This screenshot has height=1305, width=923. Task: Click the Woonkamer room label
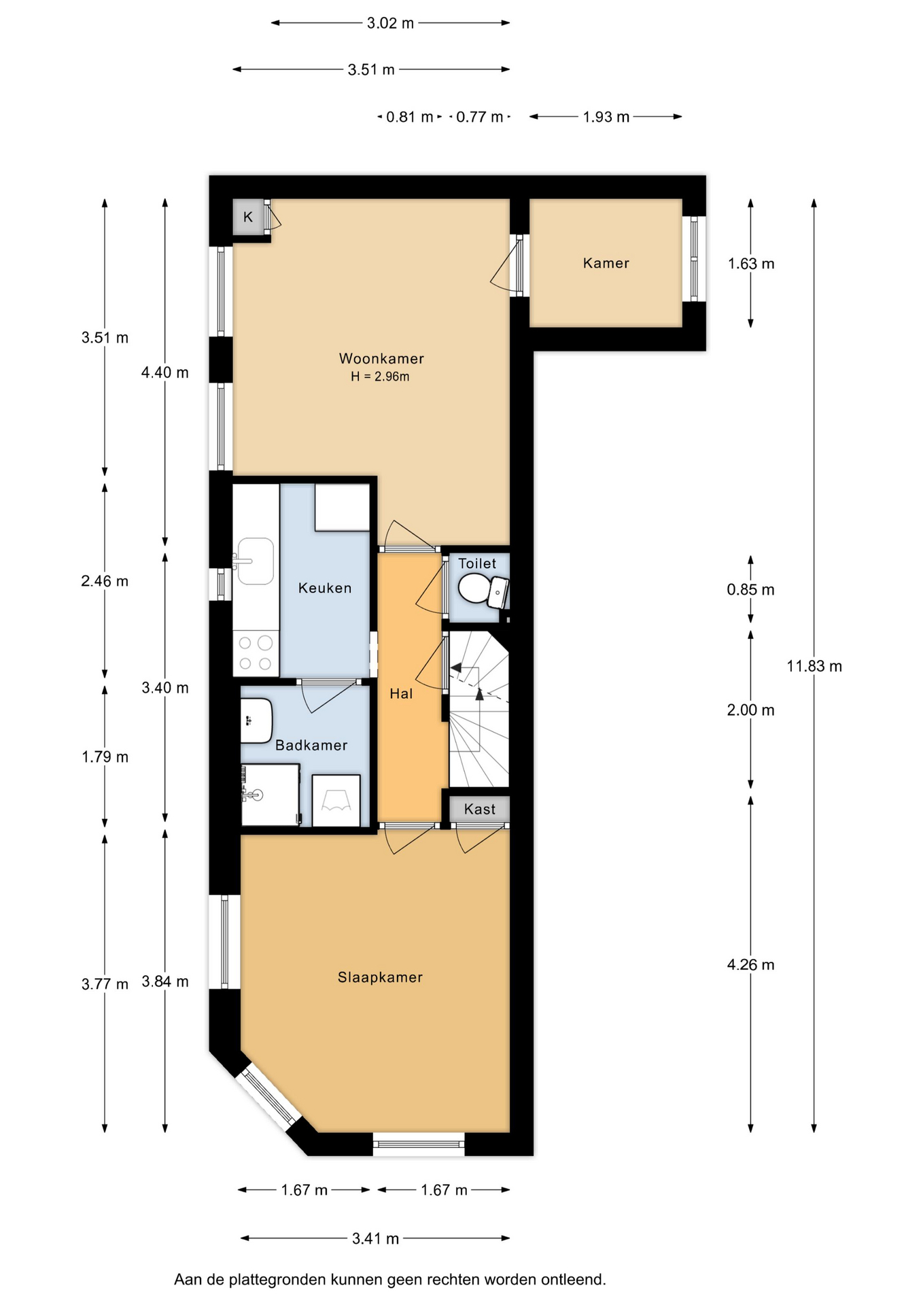pyautogui.click(x=381, y=358)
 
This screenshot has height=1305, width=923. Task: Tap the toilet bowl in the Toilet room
pyautogui.click(x=475, y=588)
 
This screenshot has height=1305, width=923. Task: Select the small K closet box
pyautogui.click(x=248, y=217)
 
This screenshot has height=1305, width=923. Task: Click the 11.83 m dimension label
pyautogui.click(x=814, y=666)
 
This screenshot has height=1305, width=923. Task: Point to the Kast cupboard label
pyautogui.click(x=480, y=809)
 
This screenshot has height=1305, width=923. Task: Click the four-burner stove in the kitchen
pyautogui.click(x=256, y=653)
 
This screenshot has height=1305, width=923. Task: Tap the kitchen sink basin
pyautogui.click(x=255, y=561)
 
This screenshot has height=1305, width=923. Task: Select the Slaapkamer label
pyautogui.click(x=380, y=977)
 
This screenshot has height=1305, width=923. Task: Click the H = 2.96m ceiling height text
pyautogui.click(x=380, y=377)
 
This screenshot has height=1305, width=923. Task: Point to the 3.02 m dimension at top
pyautogui.click(x=390, y=23)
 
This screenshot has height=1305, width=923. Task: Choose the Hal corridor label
pyautogui.click(x=401, y=694)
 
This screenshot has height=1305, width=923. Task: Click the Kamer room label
pyautogui.click(x=606, y=263)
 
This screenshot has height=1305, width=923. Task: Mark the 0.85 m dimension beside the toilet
pyautogui.click(x=750, y=590)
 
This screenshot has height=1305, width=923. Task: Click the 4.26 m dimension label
pyautogui.click(x=750, y=965)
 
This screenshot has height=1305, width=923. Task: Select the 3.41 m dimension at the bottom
pyautogui.click(x=375, y=1238)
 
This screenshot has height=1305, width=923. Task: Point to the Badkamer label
pyautogui.click(x=311, y=746)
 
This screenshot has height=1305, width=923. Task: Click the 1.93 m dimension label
pyautogui.click(x=606, y=117)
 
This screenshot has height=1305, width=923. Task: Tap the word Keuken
pyautogui.click(x=325, y=588)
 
